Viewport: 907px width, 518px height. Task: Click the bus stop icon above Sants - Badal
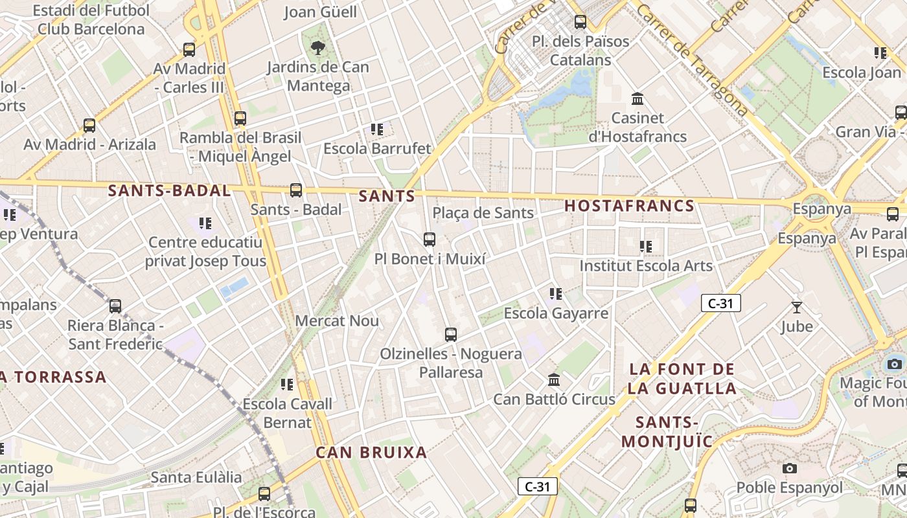point(296,190)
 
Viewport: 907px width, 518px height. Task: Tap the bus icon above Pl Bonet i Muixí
point(429,240)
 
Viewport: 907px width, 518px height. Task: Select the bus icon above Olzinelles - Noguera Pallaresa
point(451,335)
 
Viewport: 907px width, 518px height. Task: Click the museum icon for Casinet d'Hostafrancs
point(637,99)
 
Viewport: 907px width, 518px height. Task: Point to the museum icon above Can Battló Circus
point(554,379)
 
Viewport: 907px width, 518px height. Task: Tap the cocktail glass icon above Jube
point(796,307)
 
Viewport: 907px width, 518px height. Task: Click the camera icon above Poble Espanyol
point(789,468)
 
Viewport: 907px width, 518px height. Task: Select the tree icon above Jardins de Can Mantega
point(317,47)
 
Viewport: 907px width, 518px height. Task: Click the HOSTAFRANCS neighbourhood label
point(629,206)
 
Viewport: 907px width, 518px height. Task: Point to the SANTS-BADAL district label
point(169,190)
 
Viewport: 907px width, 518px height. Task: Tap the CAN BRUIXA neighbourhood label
point(371,453)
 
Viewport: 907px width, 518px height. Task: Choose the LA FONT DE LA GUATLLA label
point(683,379)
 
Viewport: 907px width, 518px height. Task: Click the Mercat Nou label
point(337,321)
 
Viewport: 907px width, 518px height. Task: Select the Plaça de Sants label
point(483,212)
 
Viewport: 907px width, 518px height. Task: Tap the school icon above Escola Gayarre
point(555,294)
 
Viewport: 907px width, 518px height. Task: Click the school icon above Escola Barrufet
point(377,129)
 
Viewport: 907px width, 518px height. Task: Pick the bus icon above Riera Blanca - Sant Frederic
point(115,306)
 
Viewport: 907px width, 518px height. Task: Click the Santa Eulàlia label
point(196,477)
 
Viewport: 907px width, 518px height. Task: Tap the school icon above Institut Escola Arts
point(645,246)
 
